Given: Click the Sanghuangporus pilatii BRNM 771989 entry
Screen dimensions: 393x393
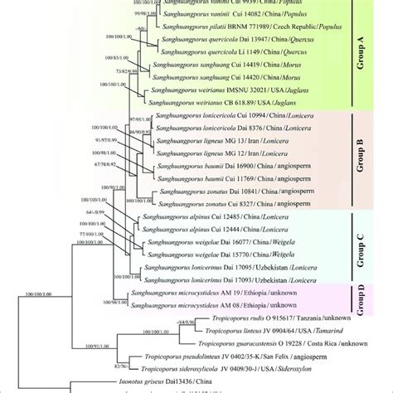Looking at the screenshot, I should pos(232,27).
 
